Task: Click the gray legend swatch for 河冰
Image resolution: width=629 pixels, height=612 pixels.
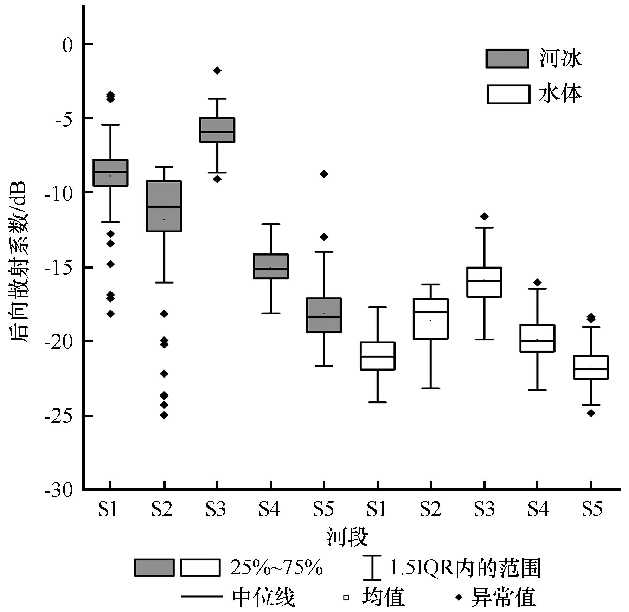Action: (507, 58)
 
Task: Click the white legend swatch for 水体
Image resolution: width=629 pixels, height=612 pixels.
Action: (508, 94)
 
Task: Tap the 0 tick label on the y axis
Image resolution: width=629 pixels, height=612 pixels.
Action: (67, 45)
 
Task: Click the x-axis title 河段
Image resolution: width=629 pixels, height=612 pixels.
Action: (347, 537)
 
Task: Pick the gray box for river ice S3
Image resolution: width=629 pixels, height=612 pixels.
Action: (217, 130)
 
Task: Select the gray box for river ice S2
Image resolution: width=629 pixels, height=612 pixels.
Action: (164, 206)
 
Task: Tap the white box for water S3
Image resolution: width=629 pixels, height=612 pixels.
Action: (484, 282)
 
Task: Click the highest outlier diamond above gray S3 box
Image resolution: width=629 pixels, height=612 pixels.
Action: (217, 71)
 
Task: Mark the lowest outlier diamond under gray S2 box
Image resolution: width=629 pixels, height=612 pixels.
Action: (164, 415)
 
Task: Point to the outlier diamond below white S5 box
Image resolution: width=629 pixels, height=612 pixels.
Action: (591, 413)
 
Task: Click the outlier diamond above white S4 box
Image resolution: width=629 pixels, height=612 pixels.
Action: (537, 282)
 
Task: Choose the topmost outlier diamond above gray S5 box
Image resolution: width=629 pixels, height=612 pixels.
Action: (324, 174)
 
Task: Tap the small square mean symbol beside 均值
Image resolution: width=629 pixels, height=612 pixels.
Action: (346, 597)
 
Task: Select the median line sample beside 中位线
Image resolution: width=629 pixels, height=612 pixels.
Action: (202, 597)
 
